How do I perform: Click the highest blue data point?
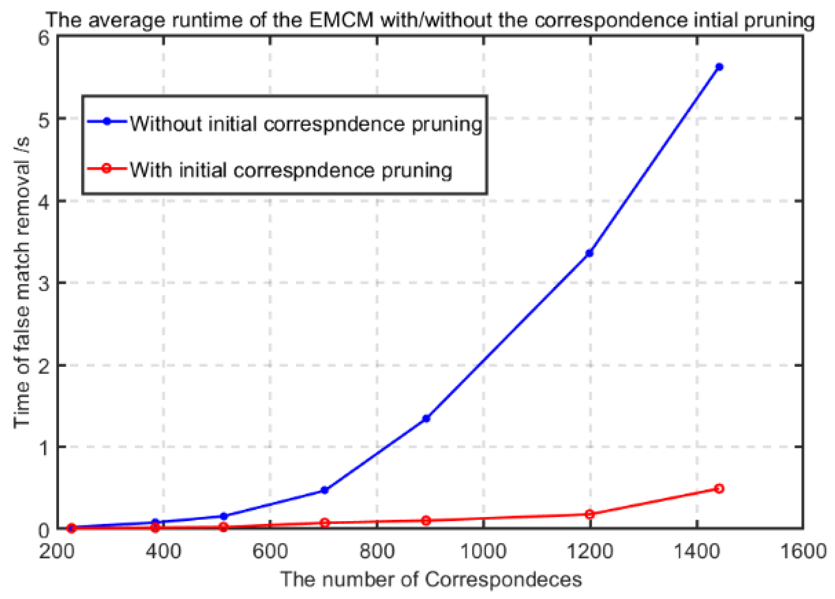pyautogui.click(x=719, y=67)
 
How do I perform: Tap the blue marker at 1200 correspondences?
pyautogui.click(x=589, y=253)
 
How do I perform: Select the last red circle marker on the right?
pyautogui.click(x=719, y=489)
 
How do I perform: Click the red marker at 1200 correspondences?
pyautogui.click(x=589, y=514)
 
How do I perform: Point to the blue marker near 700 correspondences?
pyautogui.click(x=324, y=490)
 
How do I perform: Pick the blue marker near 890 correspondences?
pyautogui.click(x=426, y=419)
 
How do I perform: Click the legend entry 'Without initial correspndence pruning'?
pyautogui.click(x=306, y=123)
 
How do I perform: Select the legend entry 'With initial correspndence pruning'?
pyautogui.click(x=291, y=170)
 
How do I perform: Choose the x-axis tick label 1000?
pyautogui.click(x=484, y=552)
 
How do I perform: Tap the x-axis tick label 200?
pyautogui.click(x=57, y=552)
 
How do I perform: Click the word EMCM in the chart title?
pyautogui.click(x=341, y=20)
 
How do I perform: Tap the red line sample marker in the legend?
pyautogui.click(x=106, y=169)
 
